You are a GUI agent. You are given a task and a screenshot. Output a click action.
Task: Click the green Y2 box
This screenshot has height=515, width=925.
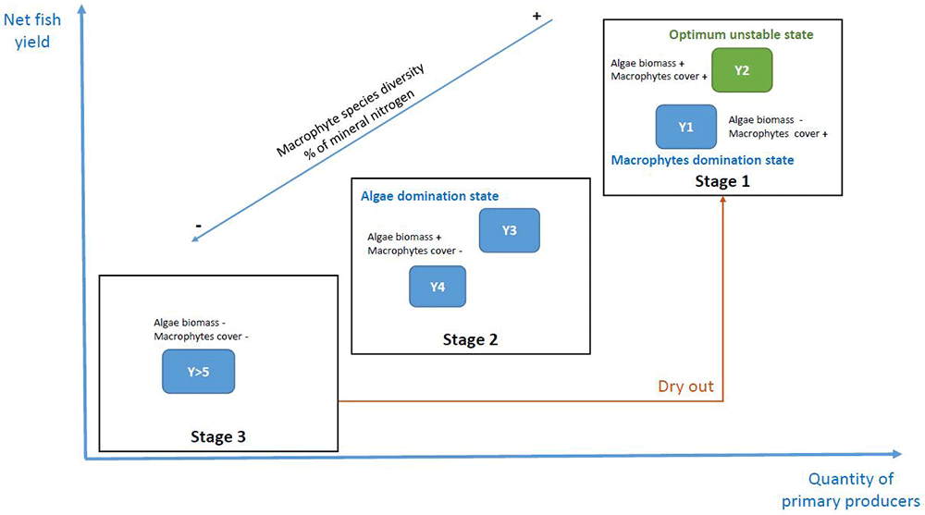[742, 70]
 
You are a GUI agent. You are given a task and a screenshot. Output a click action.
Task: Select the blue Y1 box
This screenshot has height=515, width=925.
[686, 127]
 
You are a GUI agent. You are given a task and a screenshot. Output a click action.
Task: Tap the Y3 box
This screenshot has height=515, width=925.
[509, 230]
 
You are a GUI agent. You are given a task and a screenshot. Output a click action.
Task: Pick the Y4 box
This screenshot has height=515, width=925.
[438, 287]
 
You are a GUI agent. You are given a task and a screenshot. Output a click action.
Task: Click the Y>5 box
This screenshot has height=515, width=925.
[198, 372]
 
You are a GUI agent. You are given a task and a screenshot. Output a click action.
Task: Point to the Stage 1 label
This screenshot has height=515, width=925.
[722, 181]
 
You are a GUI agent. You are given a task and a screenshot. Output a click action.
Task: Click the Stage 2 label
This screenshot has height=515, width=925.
[470, 340]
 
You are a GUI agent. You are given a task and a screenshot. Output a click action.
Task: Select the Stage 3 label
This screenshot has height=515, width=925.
[217, 436]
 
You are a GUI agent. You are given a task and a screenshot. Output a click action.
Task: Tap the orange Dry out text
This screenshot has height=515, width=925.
[685, 386]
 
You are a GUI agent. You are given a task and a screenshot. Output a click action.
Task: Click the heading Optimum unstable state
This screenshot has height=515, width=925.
[741, 35]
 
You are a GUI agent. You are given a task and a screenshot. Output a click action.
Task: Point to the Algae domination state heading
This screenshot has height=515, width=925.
[429, 196]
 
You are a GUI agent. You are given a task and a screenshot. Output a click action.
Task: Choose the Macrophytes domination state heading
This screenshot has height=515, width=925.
[703, 160]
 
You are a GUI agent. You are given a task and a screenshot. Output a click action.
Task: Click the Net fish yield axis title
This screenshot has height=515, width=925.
[32, 31]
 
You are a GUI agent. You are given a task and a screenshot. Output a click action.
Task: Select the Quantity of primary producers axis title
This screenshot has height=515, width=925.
[851, 490]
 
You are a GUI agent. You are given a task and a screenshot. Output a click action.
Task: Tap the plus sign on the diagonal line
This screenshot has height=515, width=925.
[536, 16]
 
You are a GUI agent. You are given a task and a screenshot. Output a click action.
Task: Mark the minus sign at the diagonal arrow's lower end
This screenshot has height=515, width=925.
[199, 226]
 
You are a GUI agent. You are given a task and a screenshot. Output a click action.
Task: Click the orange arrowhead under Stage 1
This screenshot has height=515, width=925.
[722, 200]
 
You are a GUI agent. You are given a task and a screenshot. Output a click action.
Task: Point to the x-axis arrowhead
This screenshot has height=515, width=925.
[896, 454]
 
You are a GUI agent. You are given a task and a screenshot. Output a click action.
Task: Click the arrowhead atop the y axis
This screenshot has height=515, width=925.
[82, 9]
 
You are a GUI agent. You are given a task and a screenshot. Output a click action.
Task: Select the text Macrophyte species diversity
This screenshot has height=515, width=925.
[351, 110]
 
